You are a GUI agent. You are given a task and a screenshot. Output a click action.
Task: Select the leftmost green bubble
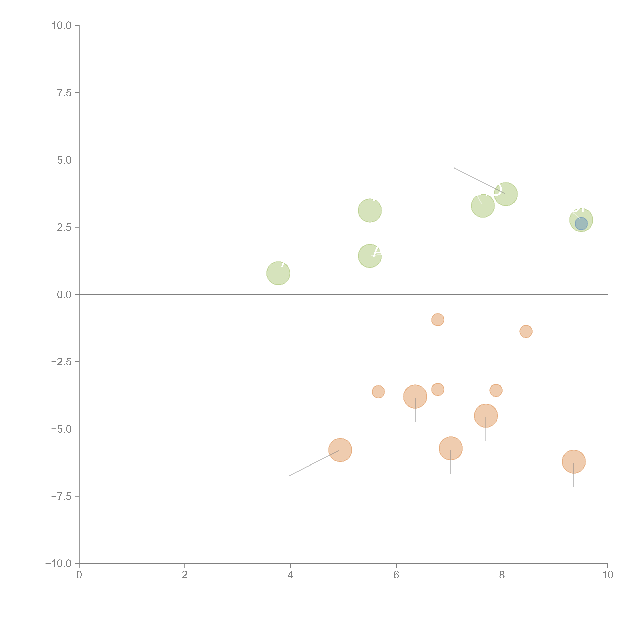[x=278, y=273]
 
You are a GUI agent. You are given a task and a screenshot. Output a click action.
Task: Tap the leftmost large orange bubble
[x=340, y=450]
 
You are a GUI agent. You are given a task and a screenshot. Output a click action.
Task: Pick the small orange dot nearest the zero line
[x=438, y=319]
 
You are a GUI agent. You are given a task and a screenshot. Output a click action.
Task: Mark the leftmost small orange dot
[x=378, y=392]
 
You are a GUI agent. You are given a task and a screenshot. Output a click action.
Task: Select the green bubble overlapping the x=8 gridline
[x=506, y=194]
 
